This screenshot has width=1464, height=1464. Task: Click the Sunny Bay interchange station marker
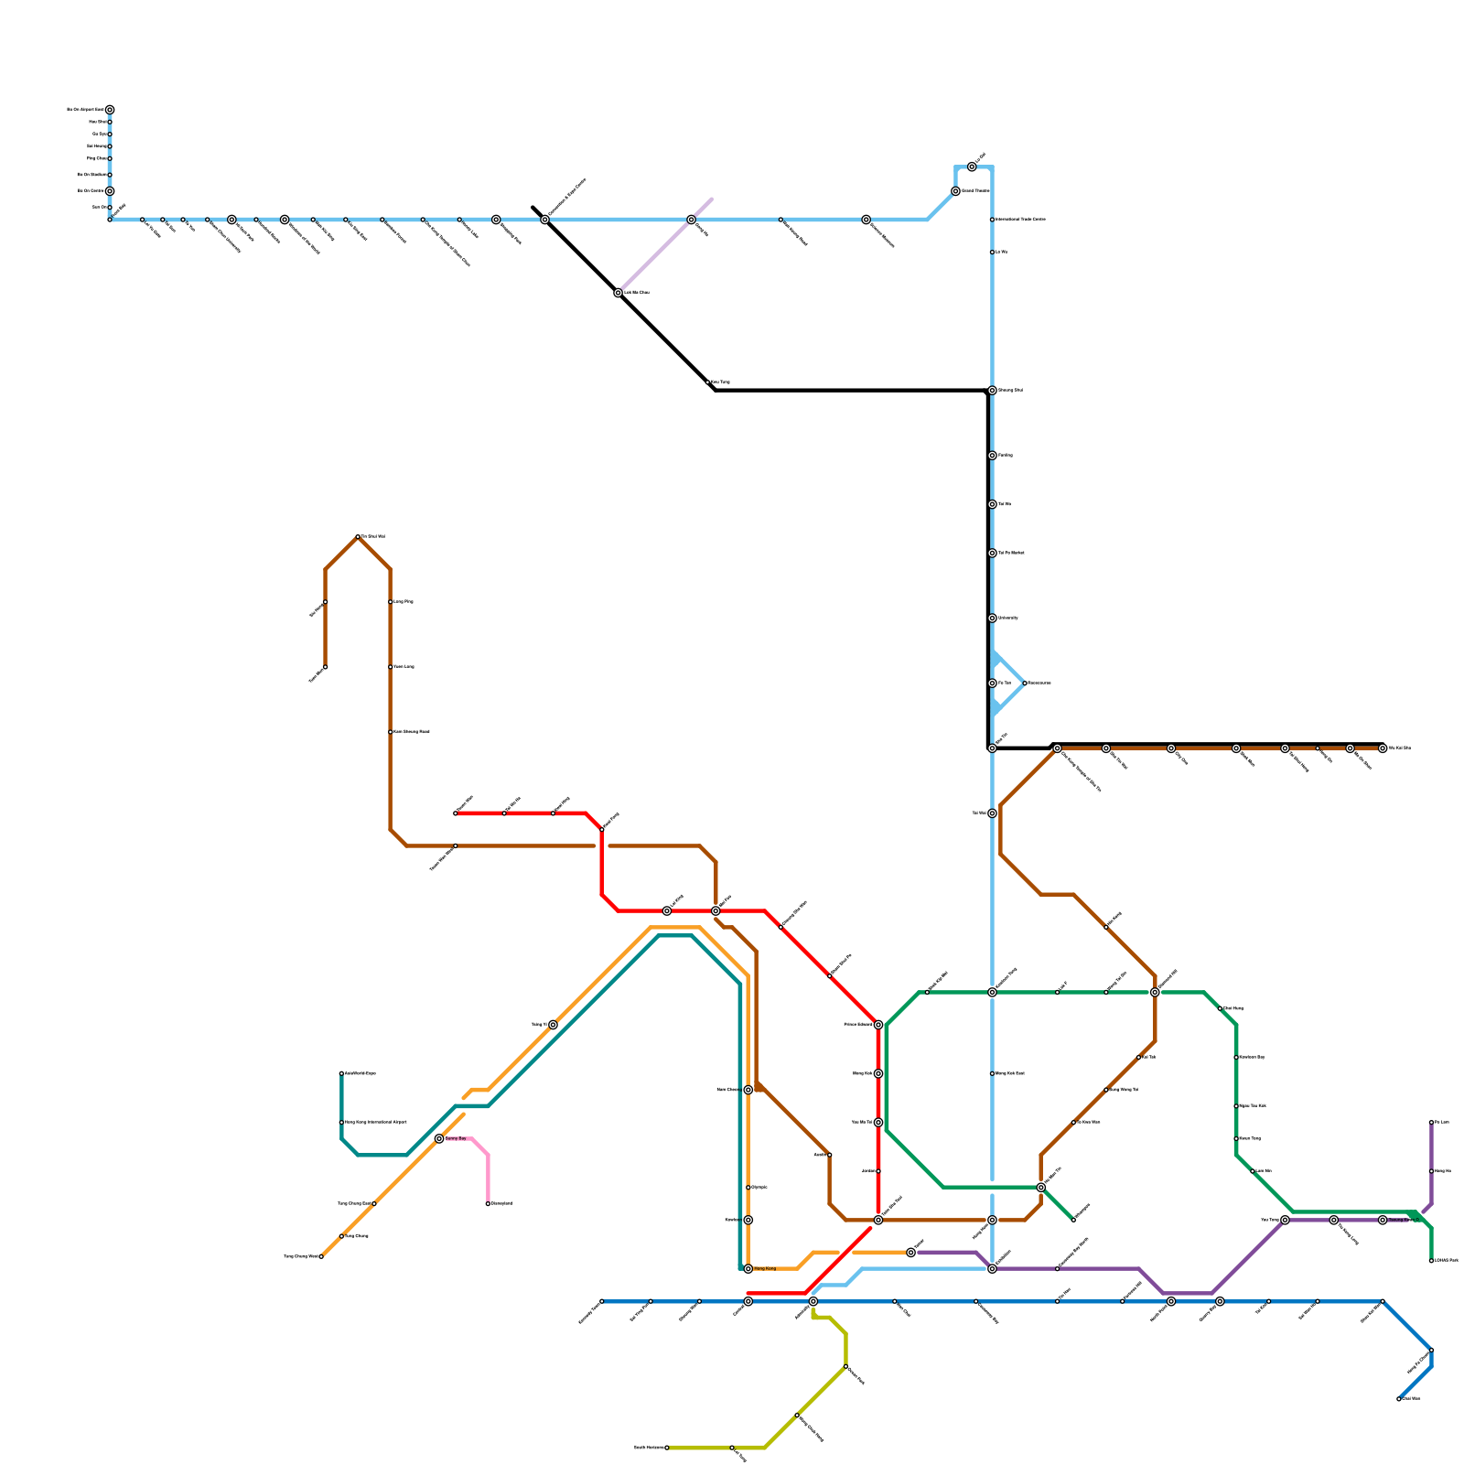(x=439, y=1138)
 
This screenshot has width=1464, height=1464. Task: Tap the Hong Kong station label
(x=764, y=1269)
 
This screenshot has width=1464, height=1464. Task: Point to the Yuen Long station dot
(x=391, y=667)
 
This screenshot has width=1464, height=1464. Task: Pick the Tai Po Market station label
(x=1011, y=554)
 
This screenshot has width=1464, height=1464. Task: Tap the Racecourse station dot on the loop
(x=1025, y=684)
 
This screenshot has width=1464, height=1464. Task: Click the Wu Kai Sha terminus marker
(x=1383, y=748)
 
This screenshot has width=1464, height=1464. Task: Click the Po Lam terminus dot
(x=1431, y=1123)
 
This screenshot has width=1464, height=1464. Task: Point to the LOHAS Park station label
(x=1447, y=1261)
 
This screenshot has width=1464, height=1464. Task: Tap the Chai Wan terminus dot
(x=1399, y=1399)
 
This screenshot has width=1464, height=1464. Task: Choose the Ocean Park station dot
(x=845, y=1367)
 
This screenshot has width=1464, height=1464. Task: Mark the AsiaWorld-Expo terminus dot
(x=341, y=1073)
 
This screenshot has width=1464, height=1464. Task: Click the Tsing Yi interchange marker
(x=553, y=1025)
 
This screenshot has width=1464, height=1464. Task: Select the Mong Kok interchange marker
(x=878, y=1073)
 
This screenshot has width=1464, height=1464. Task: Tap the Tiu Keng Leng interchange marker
(x=1334, y=1220)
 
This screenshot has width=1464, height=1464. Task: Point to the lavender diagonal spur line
(x=665, y=245)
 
